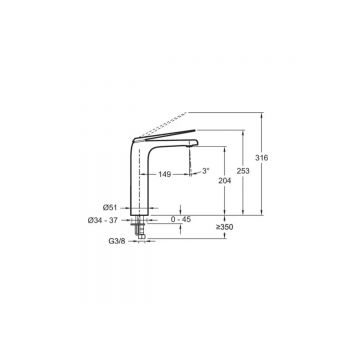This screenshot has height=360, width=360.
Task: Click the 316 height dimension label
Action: [x=262, y=158]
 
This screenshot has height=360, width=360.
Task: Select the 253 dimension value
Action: [x=243, y=171]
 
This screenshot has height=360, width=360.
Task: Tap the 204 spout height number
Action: [x=225, y=181]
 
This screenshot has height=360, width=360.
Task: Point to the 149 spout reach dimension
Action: [x=165, y=174]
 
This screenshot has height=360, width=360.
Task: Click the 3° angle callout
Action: [x=206, y=171]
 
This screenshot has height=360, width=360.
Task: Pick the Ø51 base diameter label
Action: [x=110, y=207]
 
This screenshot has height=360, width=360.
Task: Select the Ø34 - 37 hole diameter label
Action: [x=103, y=220]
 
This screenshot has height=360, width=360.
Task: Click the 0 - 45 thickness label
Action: [x=181, y=220]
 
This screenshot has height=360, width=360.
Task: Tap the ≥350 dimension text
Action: [x=224, y=228]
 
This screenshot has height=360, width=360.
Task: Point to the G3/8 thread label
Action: [x=117, y=241]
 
